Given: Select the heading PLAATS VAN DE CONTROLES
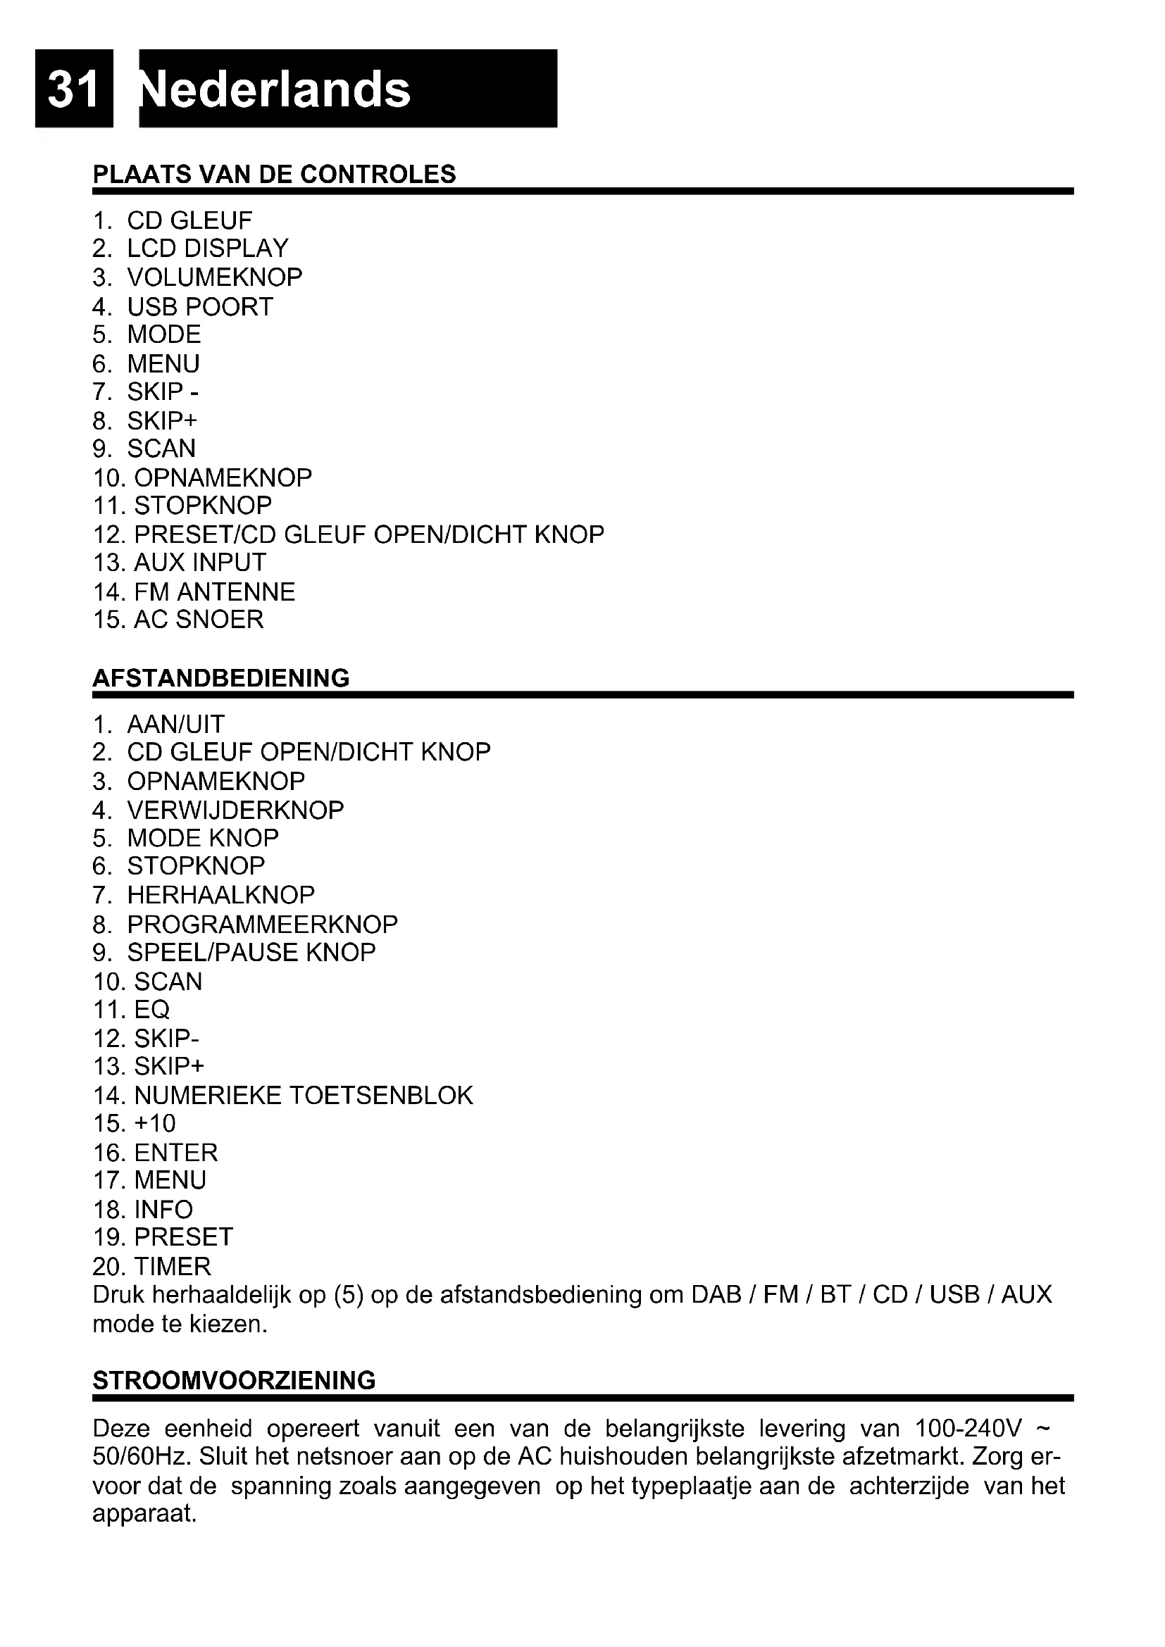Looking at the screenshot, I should point(274,175).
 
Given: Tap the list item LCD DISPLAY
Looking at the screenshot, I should point(207,248).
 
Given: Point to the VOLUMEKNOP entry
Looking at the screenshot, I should point(215,277).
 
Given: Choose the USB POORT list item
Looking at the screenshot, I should point(200,306).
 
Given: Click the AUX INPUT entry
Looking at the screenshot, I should point(199,563).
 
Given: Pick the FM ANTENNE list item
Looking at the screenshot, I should point(214,591).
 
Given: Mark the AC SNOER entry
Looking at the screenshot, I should point(198,619).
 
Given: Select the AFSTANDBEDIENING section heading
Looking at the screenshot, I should point(221,678).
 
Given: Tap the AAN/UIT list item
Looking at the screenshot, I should point(176,724).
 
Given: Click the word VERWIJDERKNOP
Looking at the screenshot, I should point(235,810).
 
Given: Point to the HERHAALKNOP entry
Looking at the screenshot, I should point(221,894).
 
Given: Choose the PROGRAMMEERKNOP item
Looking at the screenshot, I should point(262,924).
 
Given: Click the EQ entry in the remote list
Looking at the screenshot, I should point(151,1009).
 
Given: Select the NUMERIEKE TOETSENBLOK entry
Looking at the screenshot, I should point(304,1096).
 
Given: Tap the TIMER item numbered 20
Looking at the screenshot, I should point(172,1266).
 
